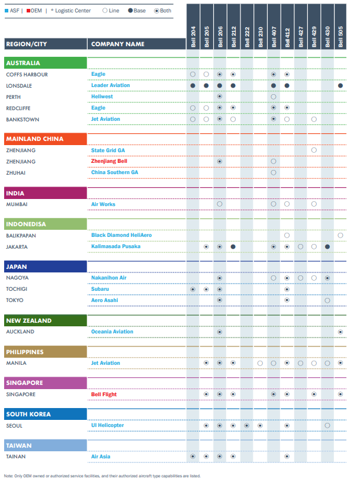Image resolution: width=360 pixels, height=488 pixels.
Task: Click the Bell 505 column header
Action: pyautogui.click(x=340, y=37)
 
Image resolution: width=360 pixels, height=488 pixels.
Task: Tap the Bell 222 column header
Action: pyautogui.click(x=247, y=37)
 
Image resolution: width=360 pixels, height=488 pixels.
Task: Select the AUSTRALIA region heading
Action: pyautogui.click(x=23, y=63)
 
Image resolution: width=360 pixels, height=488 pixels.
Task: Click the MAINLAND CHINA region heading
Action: pyautogui.click(x=34, y=139)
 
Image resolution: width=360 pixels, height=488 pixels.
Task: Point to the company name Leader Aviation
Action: pyautogui.click(x=111, y=85)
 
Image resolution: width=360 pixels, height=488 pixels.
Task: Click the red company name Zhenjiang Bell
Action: pyautogui.click(x=109, y=161)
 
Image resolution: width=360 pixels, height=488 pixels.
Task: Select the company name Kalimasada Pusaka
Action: pyautogui.click(x=115, y=246)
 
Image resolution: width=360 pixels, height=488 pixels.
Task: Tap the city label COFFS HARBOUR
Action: pyautogui.click(x=27, y=75)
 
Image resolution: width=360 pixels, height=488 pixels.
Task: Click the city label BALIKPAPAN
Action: pyautogui.click(x=21, y=236)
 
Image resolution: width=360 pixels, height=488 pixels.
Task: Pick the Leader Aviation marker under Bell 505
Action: pyautogui.click(x=340, y=86)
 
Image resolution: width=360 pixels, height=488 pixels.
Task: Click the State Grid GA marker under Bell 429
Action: pyautogui.click(x=314, y=150)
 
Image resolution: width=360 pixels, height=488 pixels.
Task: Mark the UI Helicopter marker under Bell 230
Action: pyautogui.click(x=260, y=425)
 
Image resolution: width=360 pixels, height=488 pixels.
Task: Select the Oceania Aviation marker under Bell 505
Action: pyautogui.click(x=340, y=332)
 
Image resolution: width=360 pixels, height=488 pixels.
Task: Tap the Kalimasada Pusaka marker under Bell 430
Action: pyautogui.click(x=327, y=247)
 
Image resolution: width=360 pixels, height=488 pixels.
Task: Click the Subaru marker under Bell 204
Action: pyautogui.click(x=193, y=290)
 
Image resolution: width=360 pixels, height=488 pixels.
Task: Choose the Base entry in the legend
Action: pyautogui.click(x=137, y=11)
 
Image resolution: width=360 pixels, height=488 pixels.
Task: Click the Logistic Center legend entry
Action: pyautogui.click(x=71, y=11)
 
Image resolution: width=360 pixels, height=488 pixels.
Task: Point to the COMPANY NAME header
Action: pyautogui.click(x=118, y=44)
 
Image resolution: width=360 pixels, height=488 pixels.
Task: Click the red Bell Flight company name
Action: pyautogui.click(x=104, y=394)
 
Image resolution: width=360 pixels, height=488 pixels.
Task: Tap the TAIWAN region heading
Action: pyautogui.click(x=19, y=446)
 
